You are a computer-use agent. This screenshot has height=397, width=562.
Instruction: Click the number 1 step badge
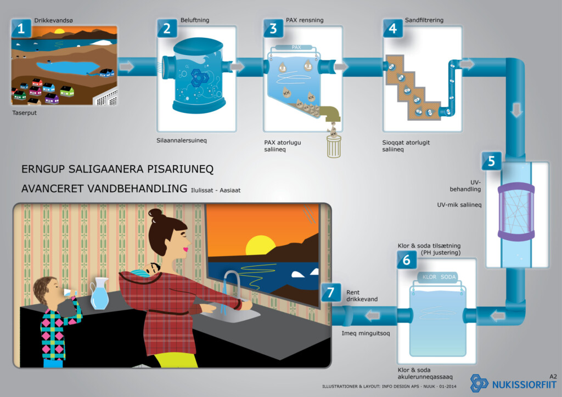21,29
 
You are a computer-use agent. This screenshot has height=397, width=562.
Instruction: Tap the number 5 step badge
491,161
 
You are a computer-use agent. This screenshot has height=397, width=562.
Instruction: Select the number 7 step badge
329,293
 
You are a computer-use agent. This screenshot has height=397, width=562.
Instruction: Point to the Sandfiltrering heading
424,20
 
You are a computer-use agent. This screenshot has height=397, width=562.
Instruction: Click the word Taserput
25,112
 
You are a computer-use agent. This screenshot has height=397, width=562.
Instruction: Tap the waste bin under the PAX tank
334,146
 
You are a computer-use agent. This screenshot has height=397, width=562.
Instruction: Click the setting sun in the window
259,243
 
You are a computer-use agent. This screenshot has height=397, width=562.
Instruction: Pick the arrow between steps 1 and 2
127,66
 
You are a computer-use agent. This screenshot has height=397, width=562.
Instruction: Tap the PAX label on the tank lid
296,48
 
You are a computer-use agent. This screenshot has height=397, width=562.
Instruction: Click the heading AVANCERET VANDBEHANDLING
104,189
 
